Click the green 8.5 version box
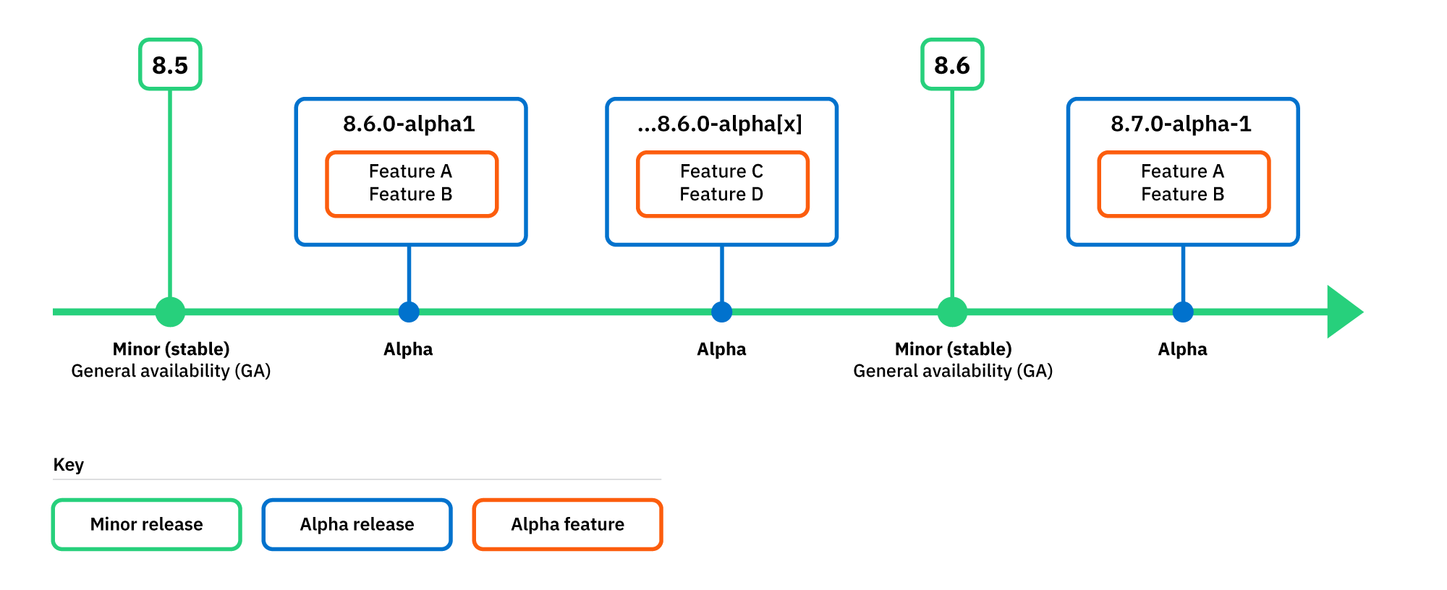tap(170, 65)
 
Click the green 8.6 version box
tap(951, 65)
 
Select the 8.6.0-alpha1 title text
tap(410, 124)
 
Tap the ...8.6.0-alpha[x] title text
tap(721, 124)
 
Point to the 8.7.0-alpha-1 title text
tap(1181, 124)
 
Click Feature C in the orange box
tap(721, 171)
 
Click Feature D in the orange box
tap(721, 194)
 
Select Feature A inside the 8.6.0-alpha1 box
tap(410, 171)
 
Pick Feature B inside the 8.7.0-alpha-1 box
tap(1182, 194)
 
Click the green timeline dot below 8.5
tap(170, 312)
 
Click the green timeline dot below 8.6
tap(952, 312)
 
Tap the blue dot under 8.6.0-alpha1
tap(409, 312)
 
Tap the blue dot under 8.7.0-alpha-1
tap(1183, 312)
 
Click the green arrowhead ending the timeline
tap(1344, 312)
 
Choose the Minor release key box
tap(146, 524)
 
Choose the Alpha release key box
tap(357, 524)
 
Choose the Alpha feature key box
tap(567, 524)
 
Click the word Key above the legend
tap(69, 465)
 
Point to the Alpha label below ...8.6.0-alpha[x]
tap(721, 349)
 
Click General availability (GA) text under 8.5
tap(171, 371)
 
